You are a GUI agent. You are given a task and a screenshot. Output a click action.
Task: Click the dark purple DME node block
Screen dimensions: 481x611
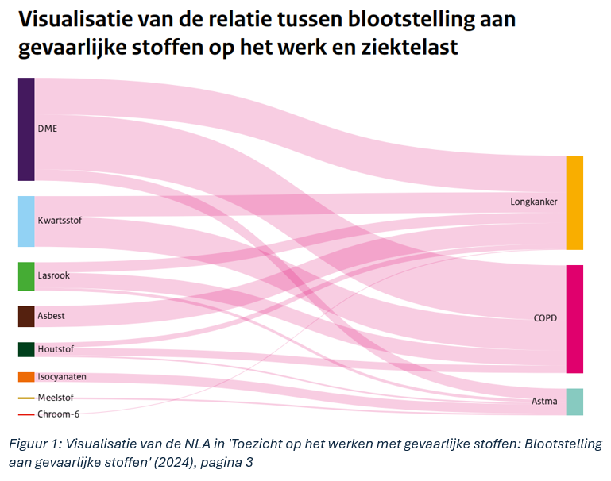pos(26,129)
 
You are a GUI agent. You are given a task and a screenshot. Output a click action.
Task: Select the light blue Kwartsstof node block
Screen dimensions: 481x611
pos(26,221)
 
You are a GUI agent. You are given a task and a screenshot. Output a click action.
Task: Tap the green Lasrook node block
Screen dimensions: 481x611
pos(26,275)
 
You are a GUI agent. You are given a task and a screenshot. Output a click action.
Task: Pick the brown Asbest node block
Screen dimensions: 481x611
pos(26,316)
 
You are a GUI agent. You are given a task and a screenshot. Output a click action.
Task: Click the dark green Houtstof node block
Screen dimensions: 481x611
pos(26,349)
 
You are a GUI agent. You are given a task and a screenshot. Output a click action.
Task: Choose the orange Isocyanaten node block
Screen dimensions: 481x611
pos(26,377)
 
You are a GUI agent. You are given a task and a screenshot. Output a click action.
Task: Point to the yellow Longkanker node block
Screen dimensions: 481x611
pos(574,202)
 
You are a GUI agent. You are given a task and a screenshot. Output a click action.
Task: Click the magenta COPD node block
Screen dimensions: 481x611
pos(574,319)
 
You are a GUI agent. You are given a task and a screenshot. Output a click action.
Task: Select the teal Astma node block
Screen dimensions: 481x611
pos(574,402)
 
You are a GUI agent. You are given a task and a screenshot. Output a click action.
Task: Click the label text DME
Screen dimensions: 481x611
pos(47,129)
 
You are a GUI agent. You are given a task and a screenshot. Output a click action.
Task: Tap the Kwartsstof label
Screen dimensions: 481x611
pos(60,220)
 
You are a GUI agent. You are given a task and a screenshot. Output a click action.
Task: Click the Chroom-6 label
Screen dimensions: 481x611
pos(58,414)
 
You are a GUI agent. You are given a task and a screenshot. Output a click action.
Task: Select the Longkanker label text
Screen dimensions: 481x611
pos(533,202)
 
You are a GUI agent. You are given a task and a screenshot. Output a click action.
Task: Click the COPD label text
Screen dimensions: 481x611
pos(545,318)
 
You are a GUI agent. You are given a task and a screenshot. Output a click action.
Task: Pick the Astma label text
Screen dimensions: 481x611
pos(543,402)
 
